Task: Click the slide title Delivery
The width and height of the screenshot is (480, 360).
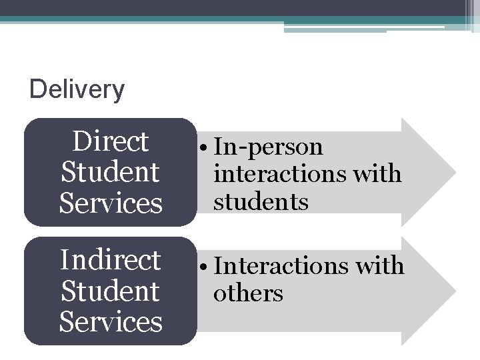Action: pyautogui.click(x=77, y=89)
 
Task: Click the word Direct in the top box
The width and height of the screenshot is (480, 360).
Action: pyautogui.click(x=111, y=142)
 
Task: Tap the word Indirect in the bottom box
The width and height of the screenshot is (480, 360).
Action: pyautogui.click(x=111, y=260)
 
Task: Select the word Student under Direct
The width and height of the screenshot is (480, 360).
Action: pyautogui.click(x=111, y=172)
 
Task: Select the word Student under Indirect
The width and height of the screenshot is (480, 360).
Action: pyautogui.click(x=111, y=291)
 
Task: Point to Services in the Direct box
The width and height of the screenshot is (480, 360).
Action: pyautogui.click(x=111, y=203)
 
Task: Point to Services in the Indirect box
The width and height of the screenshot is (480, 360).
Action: pyautogui.click(x=111, y=321)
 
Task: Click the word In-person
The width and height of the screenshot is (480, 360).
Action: pyautogui.click(x=268, y=147)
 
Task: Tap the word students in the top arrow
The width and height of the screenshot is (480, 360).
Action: pyautogui.click(x=261, y=201)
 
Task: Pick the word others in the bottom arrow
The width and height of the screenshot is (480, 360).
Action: pyautogui.click(x=248, y=293)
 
